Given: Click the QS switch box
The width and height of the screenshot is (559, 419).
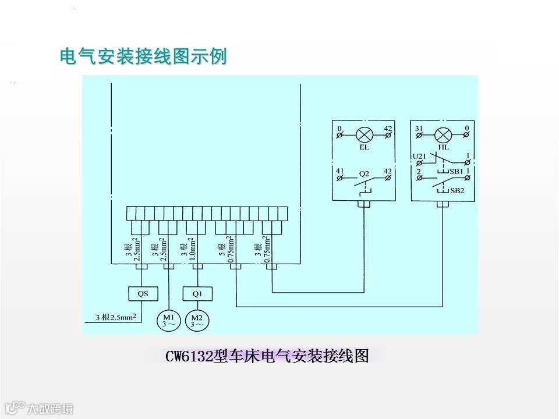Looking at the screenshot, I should pyautogui.click(x=143, y=293).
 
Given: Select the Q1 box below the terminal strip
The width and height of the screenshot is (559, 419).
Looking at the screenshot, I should pyautogui.click(x=197, y=293).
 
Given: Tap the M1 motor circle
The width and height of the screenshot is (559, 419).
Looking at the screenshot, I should pyautogui.click(x=168, y=320).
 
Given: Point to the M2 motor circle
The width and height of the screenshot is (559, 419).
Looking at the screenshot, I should pyautogui.click(x=196, y=320).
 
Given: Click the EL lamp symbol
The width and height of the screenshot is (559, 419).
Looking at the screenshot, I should pyautogui.click(x=365, y=136).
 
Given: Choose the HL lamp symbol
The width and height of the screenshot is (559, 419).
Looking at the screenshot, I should pyautogui.click(x=443, y=136).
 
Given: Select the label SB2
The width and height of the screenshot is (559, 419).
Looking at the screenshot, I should pyautogui.click(x=457, y=190).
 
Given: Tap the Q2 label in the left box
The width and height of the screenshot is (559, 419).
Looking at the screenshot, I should pyautogui.click(x=364, y=173).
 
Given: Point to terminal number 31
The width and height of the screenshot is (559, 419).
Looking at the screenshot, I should pyautogui.click(x=418, y=127).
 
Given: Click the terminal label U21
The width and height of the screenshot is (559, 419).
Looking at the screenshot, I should pyautogui.click(x=419, y=156).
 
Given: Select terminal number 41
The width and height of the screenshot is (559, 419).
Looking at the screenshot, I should pyautogui.click(x=339, y=171).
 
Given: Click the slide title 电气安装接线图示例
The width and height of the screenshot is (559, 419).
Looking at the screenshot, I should pyautogui.click(x=143, y=57).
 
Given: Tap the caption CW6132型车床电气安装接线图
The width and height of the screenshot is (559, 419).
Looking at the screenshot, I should pyautogui.click(x=267, y=356).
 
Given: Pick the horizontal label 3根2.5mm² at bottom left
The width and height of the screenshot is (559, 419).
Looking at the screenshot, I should pyautogui.click(x=116, y=318).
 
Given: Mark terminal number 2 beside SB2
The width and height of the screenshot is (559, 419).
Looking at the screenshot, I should pyautogui.click(x=419, y=172).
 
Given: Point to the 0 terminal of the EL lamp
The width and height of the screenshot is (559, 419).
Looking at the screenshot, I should pyautogui.click(x=339, y=127).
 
